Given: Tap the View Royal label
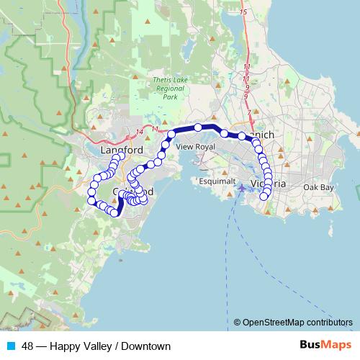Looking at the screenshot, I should pos(195,146).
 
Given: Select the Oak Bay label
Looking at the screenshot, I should pos(318,187).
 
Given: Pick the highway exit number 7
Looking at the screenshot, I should pos(249,113).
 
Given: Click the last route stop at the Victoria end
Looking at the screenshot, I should pos(264,195).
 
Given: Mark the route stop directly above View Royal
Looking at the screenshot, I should pos(197,128).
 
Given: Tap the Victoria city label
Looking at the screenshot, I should pos(271,184).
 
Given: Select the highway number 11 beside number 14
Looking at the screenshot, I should pos(155,129).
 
